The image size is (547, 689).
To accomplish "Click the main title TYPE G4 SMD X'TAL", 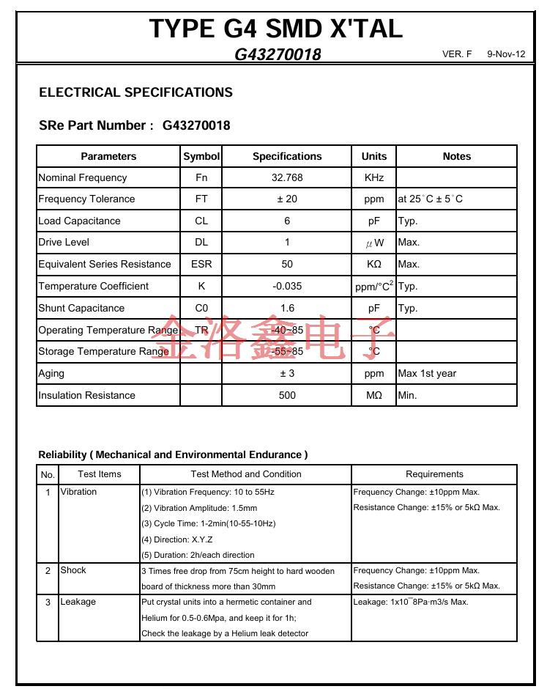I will tap(275, 29).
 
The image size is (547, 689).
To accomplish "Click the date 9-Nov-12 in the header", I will tap(506, 55).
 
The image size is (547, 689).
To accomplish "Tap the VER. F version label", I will tap(458, 55).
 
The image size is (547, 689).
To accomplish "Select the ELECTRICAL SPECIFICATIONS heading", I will tap(135, 92).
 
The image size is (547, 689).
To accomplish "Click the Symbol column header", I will tap(201, 156).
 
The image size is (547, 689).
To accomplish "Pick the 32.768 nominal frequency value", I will tap(287, 177).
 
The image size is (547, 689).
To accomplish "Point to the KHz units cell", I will tap(373, 177).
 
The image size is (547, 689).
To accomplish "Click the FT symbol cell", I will tap(201, 199).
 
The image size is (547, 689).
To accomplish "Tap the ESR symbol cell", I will tap(201, 264).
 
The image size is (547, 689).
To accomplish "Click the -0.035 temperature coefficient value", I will tap(287, 286).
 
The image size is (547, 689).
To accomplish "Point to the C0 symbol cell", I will tap(201, 308).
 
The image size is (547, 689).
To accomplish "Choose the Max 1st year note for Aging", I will tap(427, 373).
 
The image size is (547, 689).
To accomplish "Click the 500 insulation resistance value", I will tap(287, 395).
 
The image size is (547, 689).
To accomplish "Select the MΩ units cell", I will tap(373, 395).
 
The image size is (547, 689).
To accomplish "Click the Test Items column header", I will tap(100, 474).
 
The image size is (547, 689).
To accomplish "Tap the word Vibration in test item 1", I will tap(78, 492).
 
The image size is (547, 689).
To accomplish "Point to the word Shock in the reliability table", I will tap(73, 570).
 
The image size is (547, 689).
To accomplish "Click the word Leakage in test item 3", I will tap(78, 602).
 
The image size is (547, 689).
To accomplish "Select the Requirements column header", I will tap(434, 474).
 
